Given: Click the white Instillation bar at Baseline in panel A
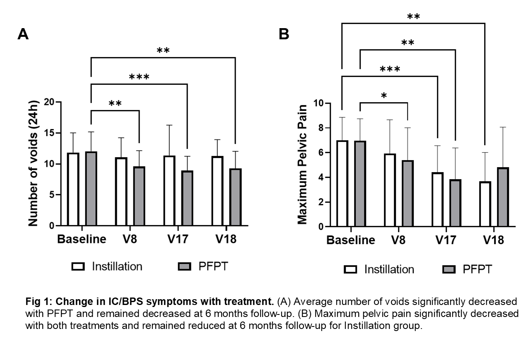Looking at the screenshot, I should click(x=74, y=190).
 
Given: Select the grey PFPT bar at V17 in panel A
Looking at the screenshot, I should click(x=187, y=198).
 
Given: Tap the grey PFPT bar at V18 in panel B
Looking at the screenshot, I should click(x=503, y=197).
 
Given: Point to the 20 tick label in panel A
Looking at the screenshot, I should click(x=49, y=102).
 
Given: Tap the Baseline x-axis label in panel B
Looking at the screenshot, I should click(x=351, y=240).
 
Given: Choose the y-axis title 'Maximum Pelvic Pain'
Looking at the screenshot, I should click(x=303, y=164).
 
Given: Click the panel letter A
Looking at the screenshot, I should click(x=23, y=34).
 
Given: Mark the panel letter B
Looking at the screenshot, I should click(x=284, y=34).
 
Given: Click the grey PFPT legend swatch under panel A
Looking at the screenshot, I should click(x=186, y=266).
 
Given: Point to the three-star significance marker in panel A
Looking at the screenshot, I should click(x=139, y=77).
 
